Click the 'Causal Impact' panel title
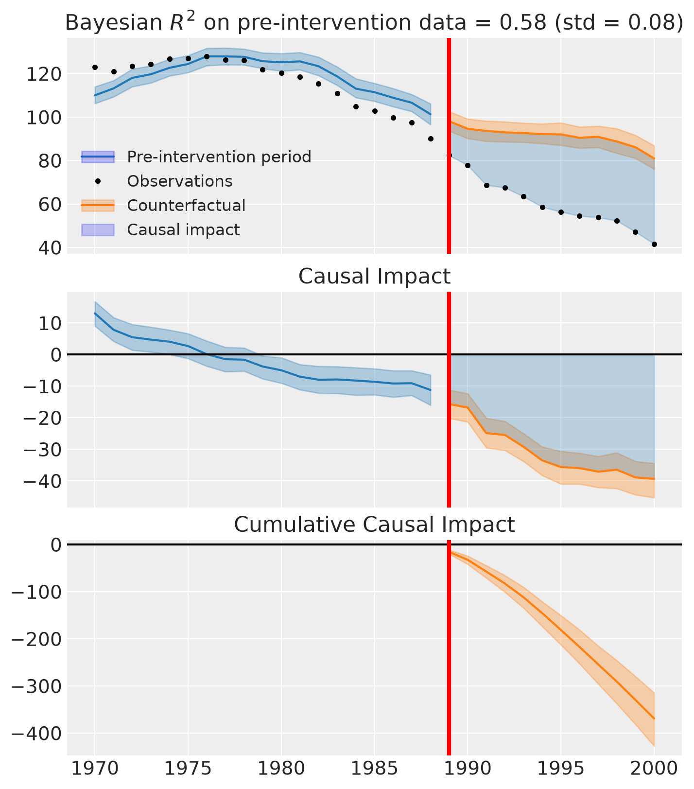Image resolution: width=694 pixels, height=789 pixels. pos(374,277)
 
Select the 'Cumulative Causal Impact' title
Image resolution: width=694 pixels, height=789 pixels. pos(374,525)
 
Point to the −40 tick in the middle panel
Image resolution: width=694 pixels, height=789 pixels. pos(40,481)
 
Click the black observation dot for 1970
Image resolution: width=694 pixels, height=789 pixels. pos(95,67)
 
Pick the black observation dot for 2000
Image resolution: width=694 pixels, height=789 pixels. pos(654,245)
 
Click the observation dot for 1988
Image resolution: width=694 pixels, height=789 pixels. pos(431,139)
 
